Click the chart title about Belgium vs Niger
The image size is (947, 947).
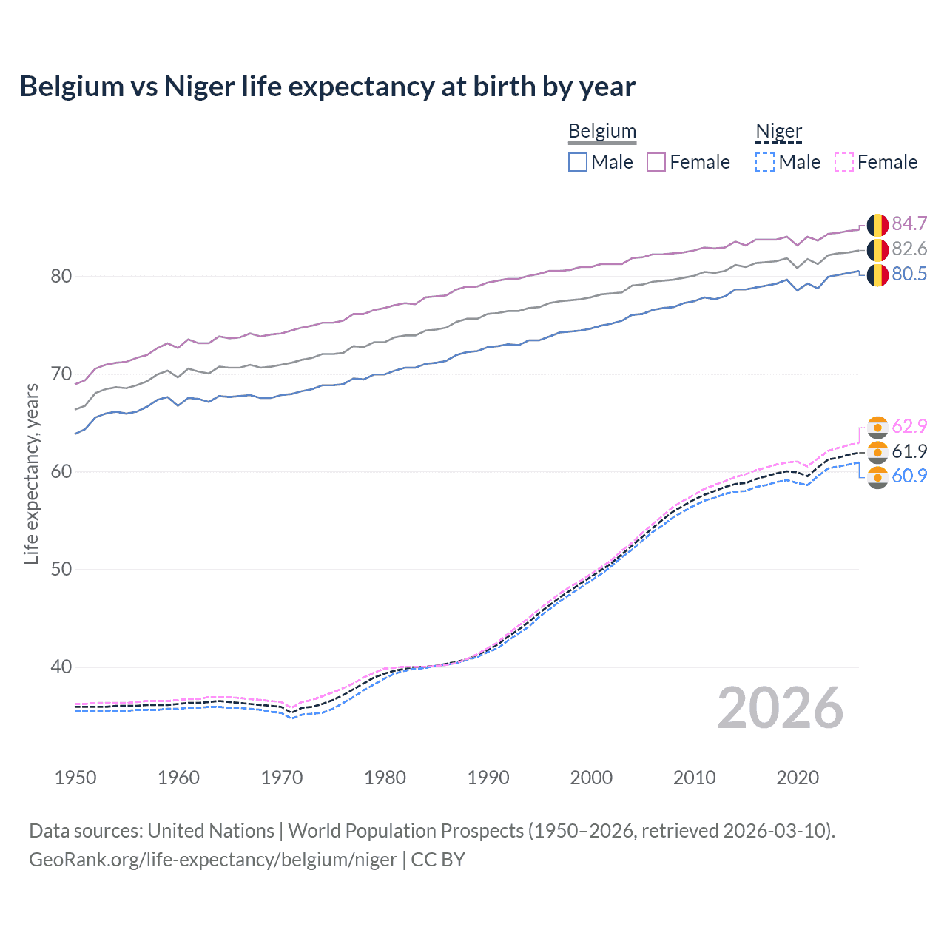pyautogui.click(x=327, y=87)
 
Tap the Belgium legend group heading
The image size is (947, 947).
pyautogui.click(x=601, y=132)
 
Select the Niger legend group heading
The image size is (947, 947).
pyautogui.click(x=778, y=132)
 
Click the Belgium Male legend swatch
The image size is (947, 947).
pyautogui.click(x=578, y=162)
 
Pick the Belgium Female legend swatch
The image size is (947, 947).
pyautogui.click(x=656, y=162)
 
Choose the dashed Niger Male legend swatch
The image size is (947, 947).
pyautogui.click(x=765, y=162)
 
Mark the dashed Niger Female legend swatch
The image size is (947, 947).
pyautogui.click(x=844, y=162)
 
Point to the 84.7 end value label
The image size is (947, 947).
pyautogui.click(x=909, y=223)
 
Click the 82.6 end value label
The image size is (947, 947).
pyautogui.click(x=909, y=249)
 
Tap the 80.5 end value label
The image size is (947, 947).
pyautogui.click(x=909, y=274)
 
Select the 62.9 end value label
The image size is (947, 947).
pyautogui.click(x=909, y=426)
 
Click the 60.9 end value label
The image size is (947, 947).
pyautogui.click(x=909, y=476)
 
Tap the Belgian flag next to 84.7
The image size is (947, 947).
pyautogui.click(x=877, y=224)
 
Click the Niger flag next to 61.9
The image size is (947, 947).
pyautogui.click(x=877, y=451)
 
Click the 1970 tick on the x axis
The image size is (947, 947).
pyautogui.click(x=282, y=778)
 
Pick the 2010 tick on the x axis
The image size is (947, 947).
pyautogui.click(x=694, y=778)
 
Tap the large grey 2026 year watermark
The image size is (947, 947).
pyautogui.click(x=780, y=708)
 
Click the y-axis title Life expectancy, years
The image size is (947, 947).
pyautogui.click(x=32, y=473)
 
